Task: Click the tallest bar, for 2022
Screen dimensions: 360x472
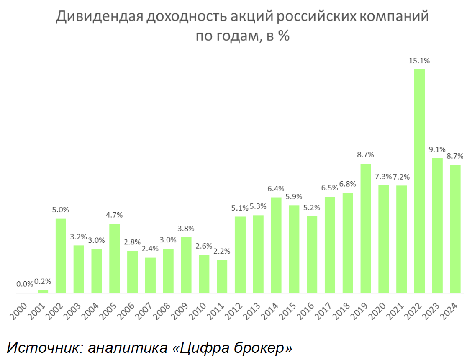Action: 419,181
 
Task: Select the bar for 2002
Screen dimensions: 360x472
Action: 61,255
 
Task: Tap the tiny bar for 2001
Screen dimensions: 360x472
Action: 43,291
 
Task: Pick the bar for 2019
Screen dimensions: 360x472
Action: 366,228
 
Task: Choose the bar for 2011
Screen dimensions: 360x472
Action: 222,276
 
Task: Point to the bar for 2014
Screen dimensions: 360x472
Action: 276,245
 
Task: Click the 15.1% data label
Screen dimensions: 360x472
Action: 419,61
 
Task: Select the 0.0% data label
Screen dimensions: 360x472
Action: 25,284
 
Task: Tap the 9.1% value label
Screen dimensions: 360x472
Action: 437,149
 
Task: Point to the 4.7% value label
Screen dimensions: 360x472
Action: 114,215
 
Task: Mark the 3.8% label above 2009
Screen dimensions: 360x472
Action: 186,229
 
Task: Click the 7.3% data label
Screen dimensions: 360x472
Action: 383,177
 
